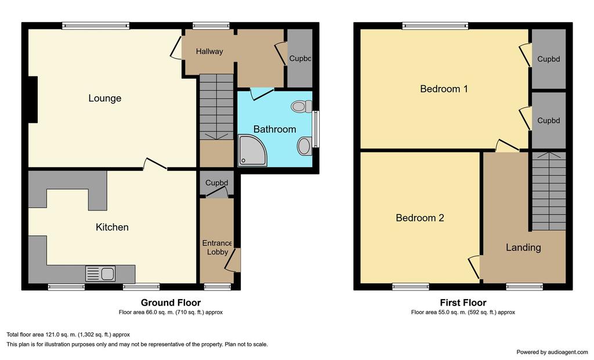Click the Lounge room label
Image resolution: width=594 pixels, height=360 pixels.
(105, 99)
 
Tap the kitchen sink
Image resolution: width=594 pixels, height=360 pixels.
(100, 274)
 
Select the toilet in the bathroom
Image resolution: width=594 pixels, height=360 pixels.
(302, 106)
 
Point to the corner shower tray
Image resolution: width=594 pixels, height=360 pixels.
(252, 151)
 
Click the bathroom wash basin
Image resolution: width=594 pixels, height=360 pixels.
(305, 146)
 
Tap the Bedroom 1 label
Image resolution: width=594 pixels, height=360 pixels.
(444, 89)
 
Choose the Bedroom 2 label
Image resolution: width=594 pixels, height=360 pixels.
(420, 217)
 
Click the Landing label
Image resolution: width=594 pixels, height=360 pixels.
(523, 248)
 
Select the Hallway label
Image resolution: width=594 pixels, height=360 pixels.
(209, 52)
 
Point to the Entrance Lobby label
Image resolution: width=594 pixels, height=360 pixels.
(217, 248)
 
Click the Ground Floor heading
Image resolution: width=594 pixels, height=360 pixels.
(171, 303)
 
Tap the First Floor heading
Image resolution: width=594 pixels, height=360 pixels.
(463, 303)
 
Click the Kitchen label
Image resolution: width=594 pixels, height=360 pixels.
(112, 227)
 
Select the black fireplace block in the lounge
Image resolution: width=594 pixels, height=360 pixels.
(32, 100)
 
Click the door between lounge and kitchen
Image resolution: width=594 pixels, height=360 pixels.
(154, 163)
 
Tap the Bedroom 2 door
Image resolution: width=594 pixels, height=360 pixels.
(475, 268)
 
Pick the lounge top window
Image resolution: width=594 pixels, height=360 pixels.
(96, 26)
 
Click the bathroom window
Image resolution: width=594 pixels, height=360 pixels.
(316, 129)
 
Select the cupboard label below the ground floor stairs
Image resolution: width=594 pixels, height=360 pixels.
(217, 183)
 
